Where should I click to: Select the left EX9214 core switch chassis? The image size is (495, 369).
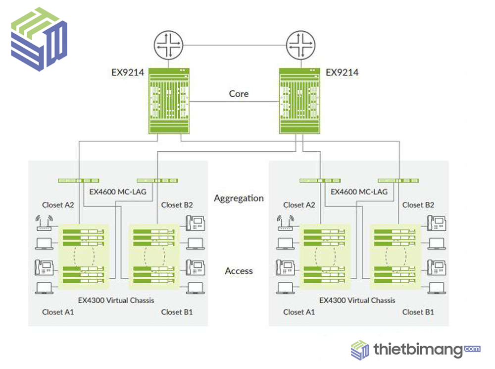click(x=169, y=101)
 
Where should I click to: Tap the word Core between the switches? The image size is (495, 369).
click(x=239, y=94)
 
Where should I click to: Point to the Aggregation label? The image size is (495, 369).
click(x=239, y=198)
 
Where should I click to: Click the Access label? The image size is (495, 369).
click(x=239, y=271)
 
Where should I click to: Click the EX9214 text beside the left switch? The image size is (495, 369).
click(x=127, y=73)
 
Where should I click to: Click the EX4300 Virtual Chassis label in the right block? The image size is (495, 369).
click(x=357, y=300)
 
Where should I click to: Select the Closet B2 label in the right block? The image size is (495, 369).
click(x=418, y=205)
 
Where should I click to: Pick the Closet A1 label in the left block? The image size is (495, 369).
click(x=58, y=312)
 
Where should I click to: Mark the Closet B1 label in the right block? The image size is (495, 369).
click(x=418, y=312)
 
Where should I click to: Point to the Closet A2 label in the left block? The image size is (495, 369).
click(x=58, y=205)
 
